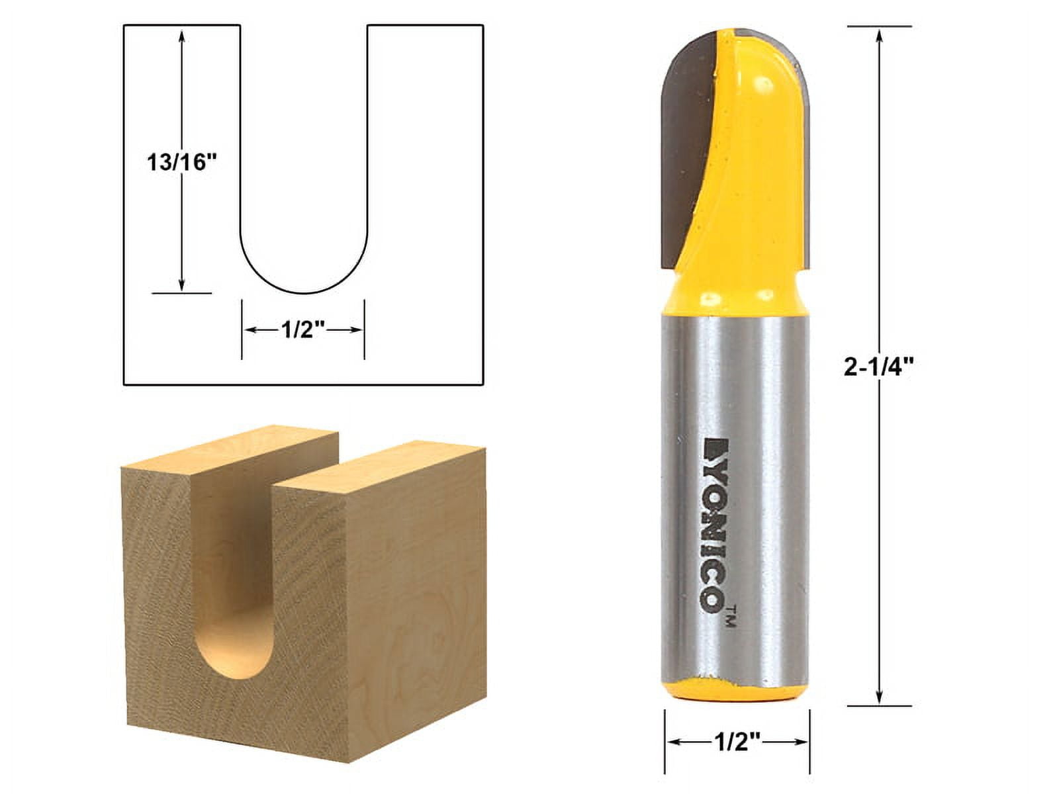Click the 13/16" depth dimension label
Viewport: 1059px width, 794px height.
point(182,162)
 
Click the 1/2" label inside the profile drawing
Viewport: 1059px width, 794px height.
point(302,330)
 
